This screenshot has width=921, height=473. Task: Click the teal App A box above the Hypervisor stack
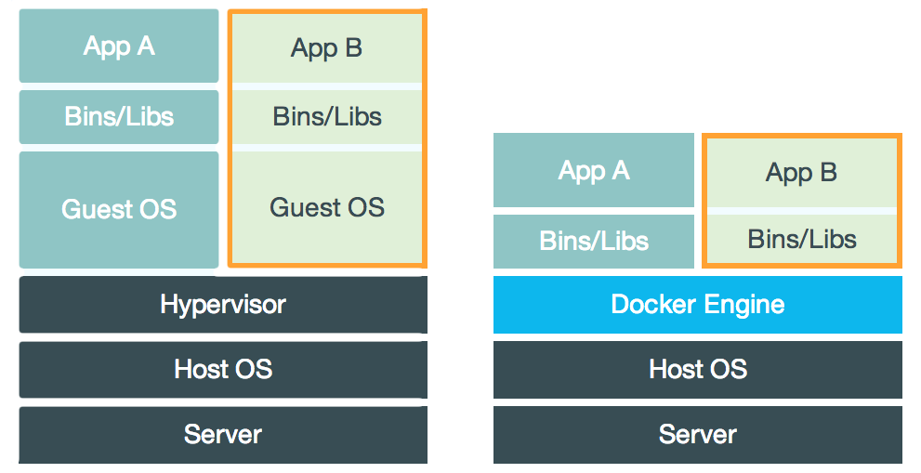pos(119,46)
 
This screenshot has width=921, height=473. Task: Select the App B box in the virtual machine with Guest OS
pos(326,48)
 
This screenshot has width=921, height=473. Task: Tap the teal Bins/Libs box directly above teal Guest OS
pos(119,117)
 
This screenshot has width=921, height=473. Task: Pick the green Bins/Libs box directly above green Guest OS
pos(326,117)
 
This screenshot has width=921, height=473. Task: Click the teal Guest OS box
pos(119,209)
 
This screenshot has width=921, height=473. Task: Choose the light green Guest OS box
pos(326,206)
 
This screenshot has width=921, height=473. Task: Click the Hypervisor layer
pos(223,305)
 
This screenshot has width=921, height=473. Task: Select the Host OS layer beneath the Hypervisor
pos(223,370)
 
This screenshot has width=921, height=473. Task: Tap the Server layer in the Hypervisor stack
pos(223,434)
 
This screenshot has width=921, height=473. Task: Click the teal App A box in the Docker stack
pos(594,171)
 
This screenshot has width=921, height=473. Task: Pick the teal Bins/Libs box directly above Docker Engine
pos(594,242)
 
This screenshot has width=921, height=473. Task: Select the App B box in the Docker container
pos(801,173)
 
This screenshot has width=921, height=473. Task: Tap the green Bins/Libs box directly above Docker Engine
pos(801,240)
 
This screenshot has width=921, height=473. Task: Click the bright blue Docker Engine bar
pos(697,305)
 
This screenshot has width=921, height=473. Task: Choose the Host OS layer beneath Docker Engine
pos(697,370)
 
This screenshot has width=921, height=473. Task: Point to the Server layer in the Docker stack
pos(697,434)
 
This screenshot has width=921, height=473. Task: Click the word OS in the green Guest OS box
pos(364,206)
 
